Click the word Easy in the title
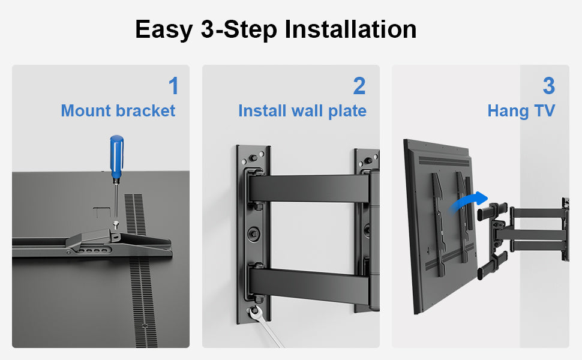click(x=164, y=30)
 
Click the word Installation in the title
click(x=350, y=29)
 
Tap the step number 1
click(x=174, y=86)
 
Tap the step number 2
click(x=359, y=86)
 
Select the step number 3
click(x=548, y=86)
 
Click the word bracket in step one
click(x=145, y=110)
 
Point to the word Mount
click(x=86, y=110)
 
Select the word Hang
click(x=508, y=112)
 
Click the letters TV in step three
click(x=545, y=110)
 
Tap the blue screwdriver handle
click(x=116, y=157)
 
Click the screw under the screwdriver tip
click(x=116, y=223)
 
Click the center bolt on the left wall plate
click(x=254, y=233)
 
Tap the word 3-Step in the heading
click(x=239, y=30)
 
